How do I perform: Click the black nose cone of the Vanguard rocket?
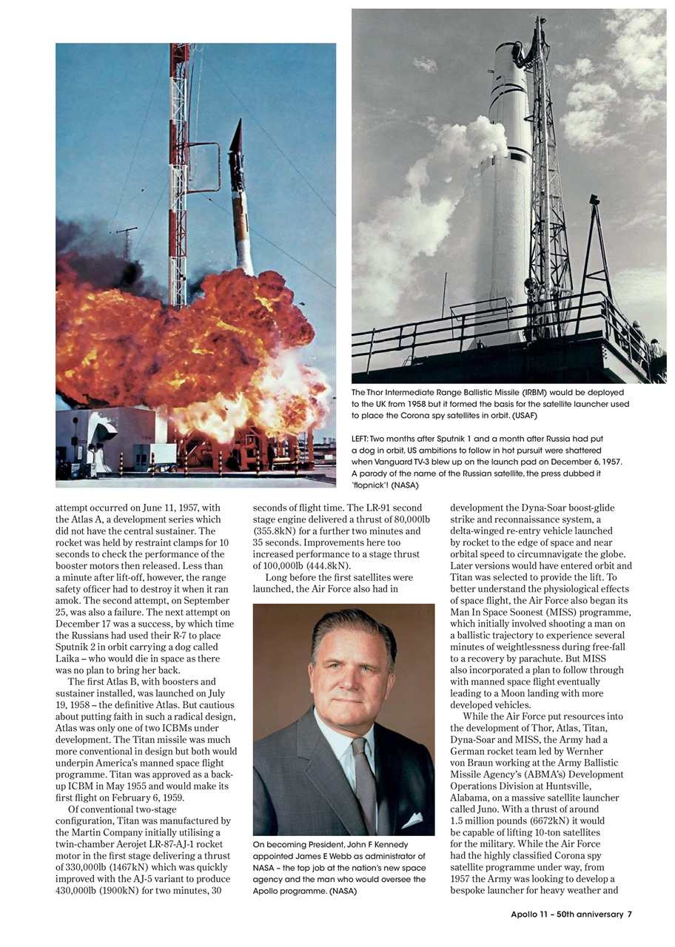[238, 145]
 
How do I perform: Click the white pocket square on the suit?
[412, 820]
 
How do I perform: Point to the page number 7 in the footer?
[629, 914]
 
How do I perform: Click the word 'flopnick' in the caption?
[370, 485]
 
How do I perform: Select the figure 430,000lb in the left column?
[80, 891]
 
